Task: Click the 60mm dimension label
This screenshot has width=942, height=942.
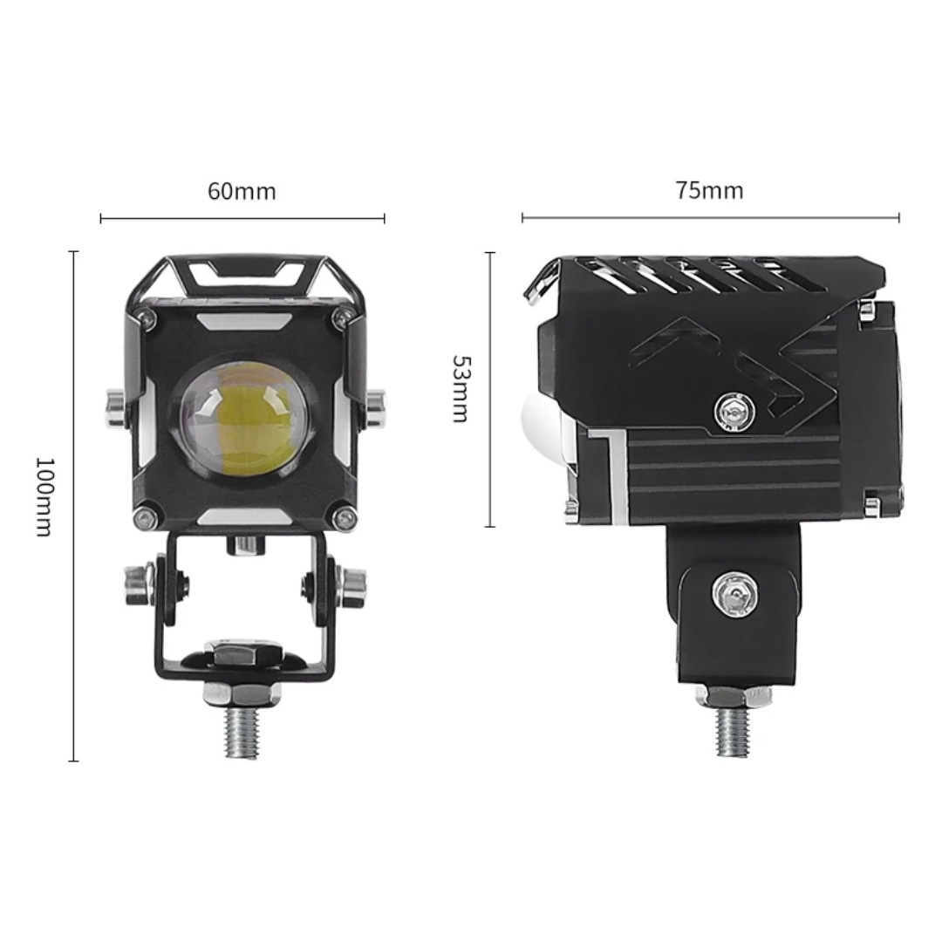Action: (242, 191)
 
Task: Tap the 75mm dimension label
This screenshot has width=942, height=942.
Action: (709, 190)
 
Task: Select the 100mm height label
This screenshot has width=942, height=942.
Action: (45, 496)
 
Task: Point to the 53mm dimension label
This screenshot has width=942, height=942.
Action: (461, 389)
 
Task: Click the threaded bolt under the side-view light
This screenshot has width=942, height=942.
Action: (734, 731)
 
